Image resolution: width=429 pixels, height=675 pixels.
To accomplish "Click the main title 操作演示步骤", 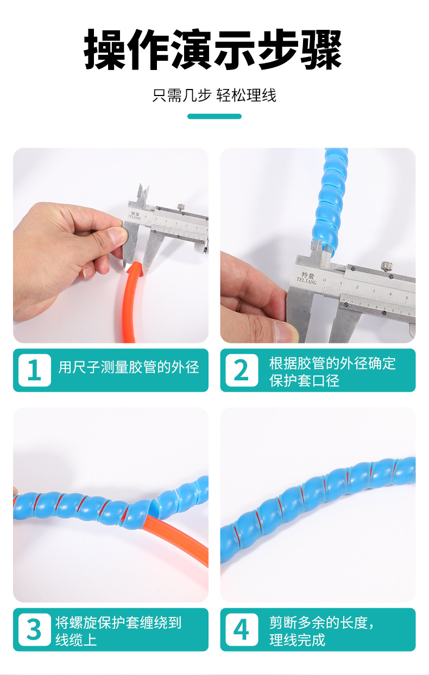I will pyautogui.click(x=213, y=50).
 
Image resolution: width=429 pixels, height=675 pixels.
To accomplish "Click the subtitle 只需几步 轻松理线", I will pyautogui.click(x=214, y=95).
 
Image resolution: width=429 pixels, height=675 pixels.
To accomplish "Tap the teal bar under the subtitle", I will pyautogui.click(x=214, y=116).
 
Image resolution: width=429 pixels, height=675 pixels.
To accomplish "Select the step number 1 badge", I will pyautogui.click(x=34, y=370).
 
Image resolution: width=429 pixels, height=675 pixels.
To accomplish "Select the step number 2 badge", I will pyautogui.click(x=241, y=370).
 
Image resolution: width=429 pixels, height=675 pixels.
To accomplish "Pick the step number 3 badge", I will pyautogui.click(x=34, y=629).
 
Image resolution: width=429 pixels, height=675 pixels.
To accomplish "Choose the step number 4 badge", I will pyautogui.click(x=241, y=629).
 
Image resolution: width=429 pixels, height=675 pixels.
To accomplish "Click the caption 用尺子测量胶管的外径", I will pyautogui.click(x=129, y=368).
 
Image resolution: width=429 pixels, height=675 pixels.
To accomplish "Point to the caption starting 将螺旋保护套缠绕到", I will pyautogui.click(x=118, y=631).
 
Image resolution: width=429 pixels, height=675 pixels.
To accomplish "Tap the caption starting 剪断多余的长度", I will pyautogui.click(x=321, y=631).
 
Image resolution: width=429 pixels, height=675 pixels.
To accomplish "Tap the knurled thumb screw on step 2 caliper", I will pyautogui.click(x=386, y=265).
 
